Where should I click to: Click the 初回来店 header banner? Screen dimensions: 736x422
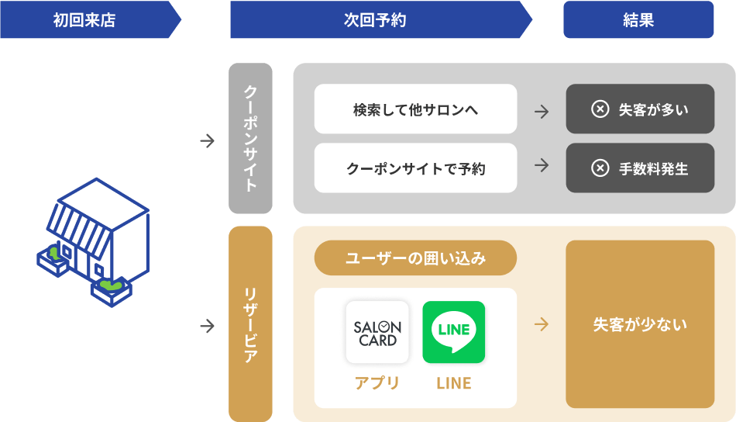(x=91, y=19)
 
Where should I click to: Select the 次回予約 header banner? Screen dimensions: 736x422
(x=381, y=19)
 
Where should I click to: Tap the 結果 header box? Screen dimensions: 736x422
(x=638, y=19)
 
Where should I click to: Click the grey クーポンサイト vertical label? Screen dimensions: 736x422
(x=250, y=138)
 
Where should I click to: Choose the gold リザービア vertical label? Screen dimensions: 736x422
(x=250, y=323)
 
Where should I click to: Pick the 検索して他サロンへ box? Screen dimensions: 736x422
(x=415, y=109)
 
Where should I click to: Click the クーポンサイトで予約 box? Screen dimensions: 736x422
(x=415, y=168)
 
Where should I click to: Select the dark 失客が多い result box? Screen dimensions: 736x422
(x=640, y=109)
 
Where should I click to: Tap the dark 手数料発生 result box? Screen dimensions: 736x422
(x=640, y=168)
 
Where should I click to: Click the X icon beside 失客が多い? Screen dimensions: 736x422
(x=600, y=109)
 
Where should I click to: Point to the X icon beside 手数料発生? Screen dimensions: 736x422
(x=600, y=168)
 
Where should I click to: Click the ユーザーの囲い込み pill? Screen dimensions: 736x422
(x=415, y=258)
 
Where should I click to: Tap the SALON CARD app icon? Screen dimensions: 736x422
(x=377, y=332)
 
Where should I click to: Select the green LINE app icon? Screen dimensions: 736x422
(x=454, y=332)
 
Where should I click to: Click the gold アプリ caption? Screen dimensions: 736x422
(x=377, y=383)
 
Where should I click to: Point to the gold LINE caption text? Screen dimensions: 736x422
(x=454, y=383)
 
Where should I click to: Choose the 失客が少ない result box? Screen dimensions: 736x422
(x=640, y=324)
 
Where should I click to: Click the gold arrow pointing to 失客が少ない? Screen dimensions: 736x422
(x=542, y=324)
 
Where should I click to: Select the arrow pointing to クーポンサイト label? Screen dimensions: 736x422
(x=207, y=140)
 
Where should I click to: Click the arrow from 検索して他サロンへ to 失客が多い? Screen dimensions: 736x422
(x=542, y=112)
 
